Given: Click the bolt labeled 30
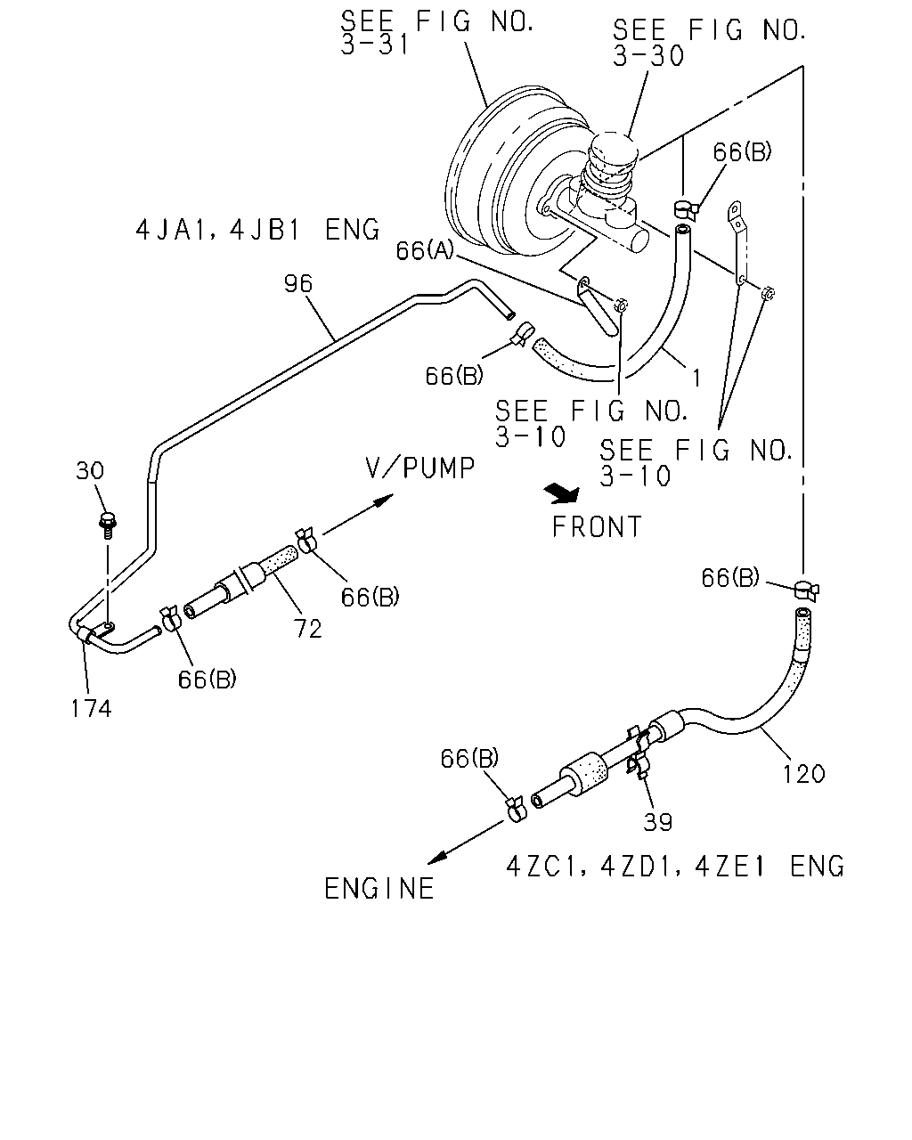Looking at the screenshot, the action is point(108,525).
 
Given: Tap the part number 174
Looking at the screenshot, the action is point(91,709).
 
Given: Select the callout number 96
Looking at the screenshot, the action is point(297,284).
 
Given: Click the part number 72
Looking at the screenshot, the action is point(308,629).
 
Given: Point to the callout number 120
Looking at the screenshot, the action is point(804,775).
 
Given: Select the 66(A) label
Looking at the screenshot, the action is point(425,250).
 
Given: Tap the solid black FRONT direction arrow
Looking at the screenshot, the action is point(562,493).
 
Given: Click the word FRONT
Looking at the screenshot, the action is point(597,527).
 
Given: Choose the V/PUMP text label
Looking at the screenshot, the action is point(419,468).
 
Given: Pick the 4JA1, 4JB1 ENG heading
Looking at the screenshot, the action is point(258,230).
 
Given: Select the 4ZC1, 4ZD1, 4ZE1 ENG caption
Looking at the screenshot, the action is point(675,867).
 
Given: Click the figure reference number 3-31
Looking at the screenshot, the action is point(375,45).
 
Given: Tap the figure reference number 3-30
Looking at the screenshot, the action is point(648,55).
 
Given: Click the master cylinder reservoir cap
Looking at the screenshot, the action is point(613,149).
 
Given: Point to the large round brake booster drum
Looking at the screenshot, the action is point(509,169).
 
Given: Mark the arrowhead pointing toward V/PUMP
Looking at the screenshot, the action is point(383,500).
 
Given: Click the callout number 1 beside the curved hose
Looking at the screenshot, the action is point(696,379).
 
